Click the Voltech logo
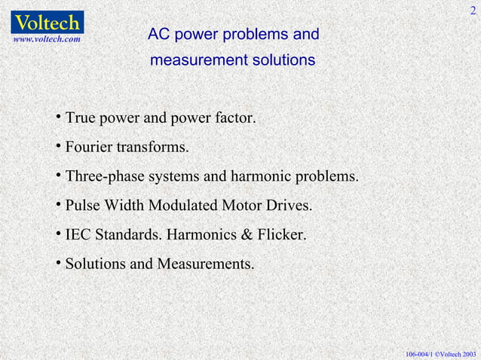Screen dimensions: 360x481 [x=47, y=20]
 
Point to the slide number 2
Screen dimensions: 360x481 [x=473, y=9]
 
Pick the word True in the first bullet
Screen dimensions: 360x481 [x=81, y=118]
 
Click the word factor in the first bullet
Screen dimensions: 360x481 [x=234, y=118]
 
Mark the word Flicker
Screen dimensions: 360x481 [x=280, y=236]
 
